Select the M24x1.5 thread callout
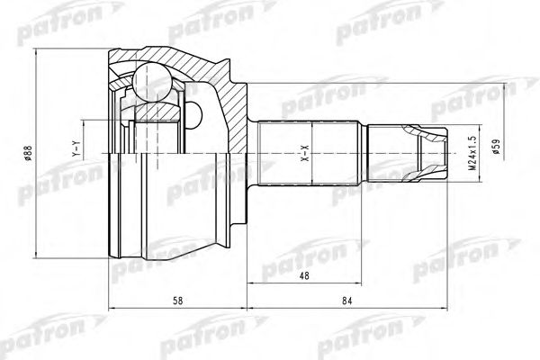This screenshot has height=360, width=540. point(472,153)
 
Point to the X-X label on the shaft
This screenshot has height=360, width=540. point(303,152)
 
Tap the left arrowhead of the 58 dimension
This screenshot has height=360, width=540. point(112,310)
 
